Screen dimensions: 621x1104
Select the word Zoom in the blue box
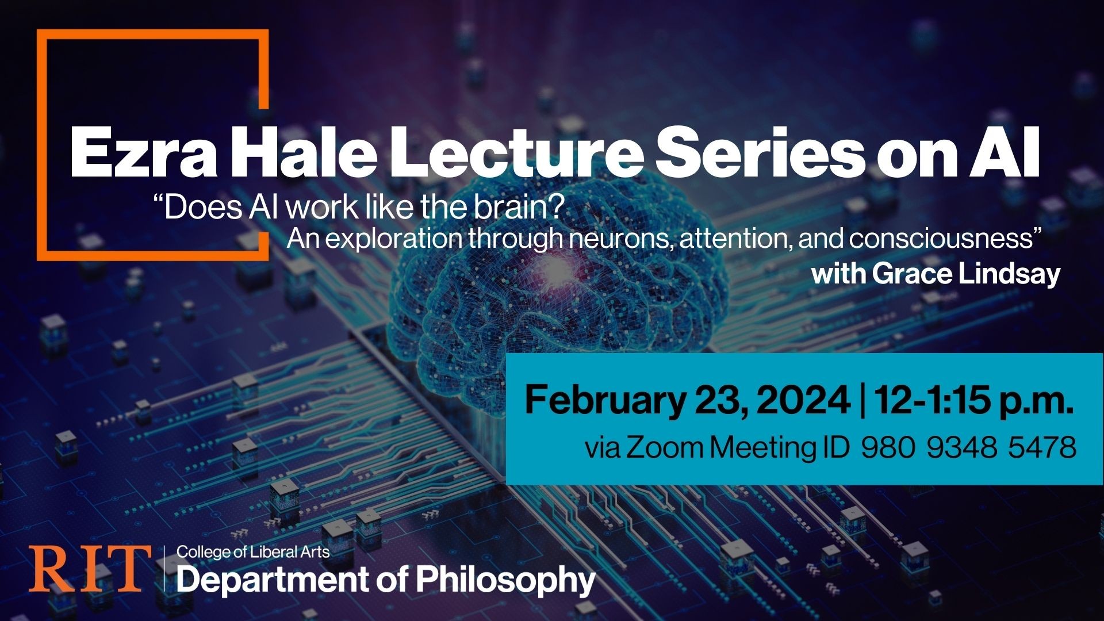point(664,447)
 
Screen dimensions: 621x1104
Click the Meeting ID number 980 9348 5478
point(968,447)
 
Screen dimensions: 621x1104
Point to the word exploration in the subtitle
point(397,239)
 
